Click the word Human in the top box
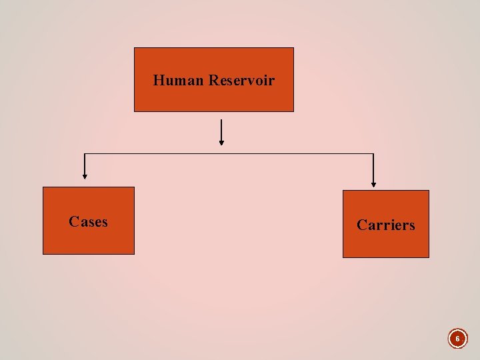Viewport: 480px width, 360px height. tap(179, 81)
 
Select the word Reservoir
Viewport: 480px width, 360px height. tap(241, 81)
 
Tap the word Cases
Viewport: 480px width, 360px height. tap(88, 221)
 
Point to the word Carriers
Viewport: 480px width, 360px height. tap(385, 225)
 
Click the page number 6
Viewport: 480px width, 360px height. tap(457, 339)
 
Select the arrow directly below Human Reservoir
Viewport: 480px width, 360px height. tap(221, 132)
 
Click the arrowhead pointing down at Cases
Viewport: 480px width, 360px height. tap(85, 177)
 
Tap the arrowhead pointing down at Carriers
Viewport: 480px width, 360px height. tap(373, 184)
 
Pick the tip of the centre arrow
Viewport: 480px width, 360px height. tap(221, 144)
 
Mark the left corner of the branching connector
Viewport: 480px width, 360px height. tap(85, 154)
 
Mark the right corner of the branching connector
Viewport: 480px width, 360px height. tap(373, 154)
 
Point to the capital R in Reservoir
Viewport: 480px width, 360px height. tap(213, 81)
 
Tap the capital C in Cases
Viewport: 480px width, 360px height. tap(73, 221)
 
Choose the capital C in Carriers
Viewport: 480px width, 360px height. tap(362, 225)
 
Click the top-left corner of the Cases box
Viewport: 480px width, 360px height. tap(43, 187)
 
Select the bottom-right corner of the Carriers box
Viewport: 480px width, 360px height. tap(429, 257)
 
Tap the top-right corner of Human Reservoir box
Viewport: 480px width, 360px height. tap(293, 48)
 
